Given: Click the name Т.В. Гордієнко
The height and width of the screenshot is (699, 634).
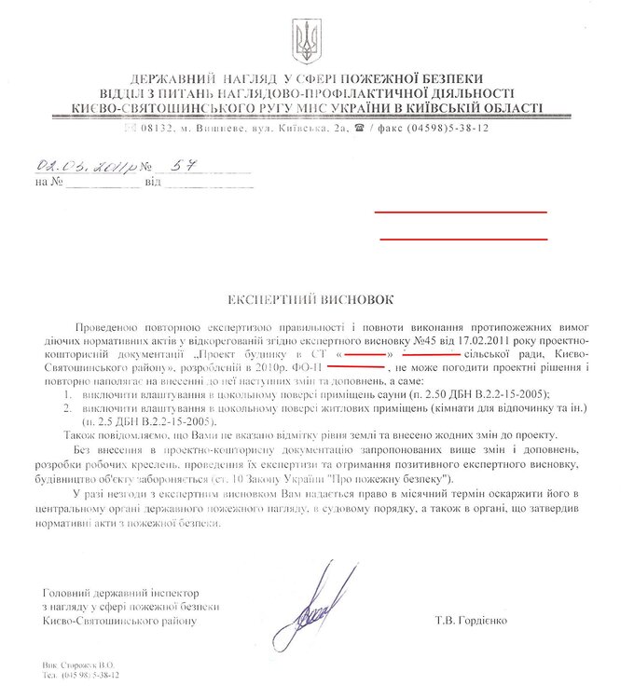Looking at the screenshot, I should click(481, 620).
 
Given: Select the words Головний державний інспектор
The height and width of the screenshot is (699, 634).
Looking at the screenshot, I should click(122, 594).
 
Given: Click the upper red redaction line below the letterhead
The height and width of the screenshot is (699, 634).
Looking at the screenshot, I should click(461, 213).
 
